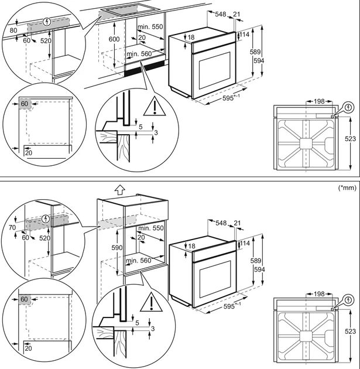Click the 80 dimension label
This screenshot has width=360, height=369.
pyautogui.click(x=14, y=30)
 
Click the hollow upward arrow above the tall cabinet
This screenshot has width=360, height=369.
pyautogui.click(x=119, y=190)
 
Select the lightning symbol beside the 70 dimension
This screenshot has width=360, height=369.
pyautogui.click(x=47, y=218)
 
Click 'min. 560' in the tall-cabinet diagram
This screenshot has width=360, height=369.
pyautogui.click(x=138, y=260)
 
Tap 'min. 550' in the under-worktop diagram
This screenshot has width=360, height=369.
pyautogui.click(x=150, y=28)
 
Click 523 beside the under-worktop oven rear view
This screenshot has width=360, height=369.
pyautogui.click(x=351, y=139)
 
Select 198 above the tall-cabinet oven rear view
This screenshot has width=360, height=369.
pyautogui.click(x=319, y=293)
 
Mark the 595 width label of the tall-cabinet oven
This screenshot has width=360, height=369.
pyautogui.click(x=234, y=306)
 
